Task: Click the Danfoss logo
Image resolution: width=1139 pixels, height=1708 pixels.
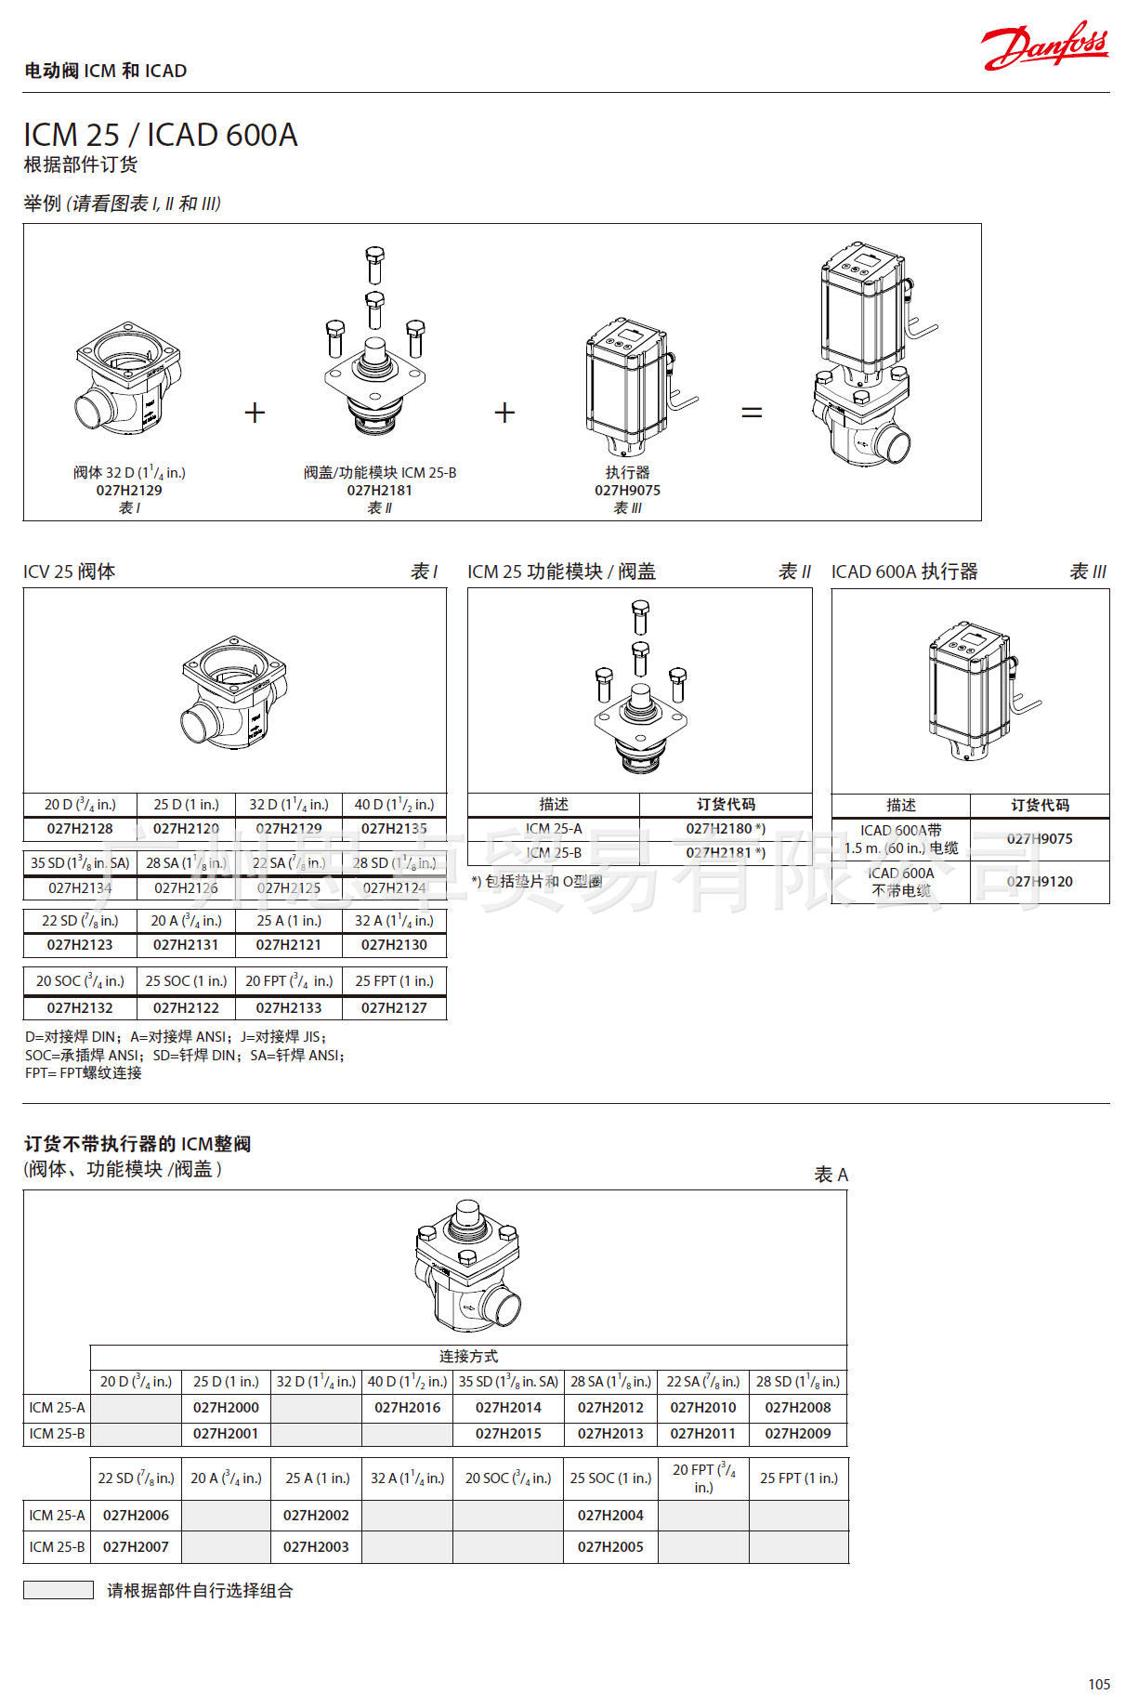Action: (x=1044, y=46)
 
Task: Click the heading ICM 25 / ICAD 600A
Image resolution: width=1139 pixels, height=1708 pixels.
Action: (x=160, y=135)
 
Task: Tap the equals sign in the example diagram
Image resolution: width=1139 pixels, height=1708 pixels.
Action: (x=752, y=412)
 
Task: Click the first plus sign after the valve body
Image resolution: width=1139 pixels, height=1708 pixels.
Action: (x=255, y=412)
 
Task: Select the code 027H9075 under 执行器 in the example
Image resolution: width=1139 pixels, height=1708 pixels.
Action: (x=627, y=490)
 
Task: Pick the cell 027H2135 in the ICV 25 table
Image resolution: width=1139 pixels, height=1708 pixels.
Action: (x=394, y=828)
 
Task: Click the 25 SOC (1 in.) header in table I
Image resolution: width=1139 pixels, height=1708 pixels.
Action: (x=186, y=980)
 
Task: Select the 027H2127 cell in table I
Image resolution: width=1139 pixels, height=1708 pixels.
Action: (x=394, y=1007)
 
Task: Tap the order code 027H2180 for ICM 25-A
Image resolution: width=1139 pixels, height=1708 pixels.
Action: (x=725, y=828)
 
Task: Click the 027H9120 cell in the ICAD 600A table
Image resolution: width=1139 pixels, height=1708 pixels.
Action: (x=1039, y=881)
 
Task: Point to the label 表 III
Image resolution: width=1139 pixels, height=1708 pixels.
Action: (x=1087, y=572)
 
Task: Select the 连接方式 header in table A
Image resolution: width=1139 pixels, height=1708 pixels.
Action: (x=468, y=1356)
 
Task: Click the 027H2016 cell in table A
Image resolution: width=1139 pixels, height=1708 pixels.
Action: (x=407, y=1407)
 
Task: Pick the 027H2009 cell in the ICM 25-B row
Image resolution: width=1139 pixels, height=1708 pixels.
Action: (x=797, y=1433)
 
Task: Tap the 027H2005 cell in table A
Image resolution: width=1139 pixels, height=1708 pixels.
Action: (x=609, y=1546)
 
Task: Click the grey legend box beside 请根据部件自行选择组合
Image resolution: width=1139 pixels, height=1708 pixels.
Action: (x=58, y=1590)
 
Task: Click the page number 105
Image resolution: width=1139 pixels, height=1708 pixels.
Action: (x=1098, y=1684)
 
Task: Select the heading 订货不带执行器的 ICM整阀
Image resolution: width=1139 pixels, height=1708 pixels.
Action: (x=137, y=1144)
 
